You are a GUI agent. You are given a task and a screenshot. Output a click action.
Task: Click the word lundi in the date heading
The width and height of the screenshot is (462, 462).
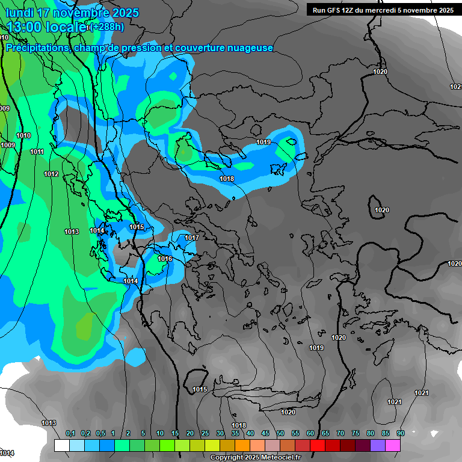pos(22,13)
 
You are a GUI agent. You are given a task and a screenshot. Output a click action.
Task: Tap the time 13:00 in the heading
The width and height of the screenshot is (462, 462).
pos(26,26)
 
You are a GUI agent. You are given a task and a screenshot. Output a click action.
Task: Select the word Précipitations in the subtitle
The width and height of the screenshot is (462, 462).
pos(37,48)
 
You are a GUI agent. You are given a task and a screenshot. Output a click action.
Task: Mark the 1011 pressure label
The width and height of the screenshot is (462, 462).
pos(37,152)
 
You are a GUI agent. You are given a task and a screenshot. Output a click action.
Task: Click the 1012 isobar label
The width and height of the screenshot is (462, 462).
pos(51,174)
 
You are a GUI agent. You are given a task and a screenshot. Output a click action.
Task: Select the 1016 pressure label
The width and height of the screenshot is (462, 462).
pos(165,259)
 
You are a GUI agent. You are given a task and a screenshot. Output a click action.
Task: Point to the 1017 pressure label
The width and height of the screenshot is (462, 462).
pos(191,238)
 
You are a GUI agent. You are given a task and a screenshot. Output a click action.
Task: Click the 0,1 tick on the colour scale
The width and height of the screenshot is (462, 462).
pos(70,434)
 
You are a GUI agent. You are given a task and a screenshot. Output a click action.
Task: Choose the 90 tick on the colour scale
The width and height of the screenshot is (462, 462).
pos(400,434)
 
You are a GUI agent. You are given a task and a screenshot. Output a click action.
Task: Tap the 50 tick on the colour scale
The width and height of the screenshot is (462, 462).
pos(280,434)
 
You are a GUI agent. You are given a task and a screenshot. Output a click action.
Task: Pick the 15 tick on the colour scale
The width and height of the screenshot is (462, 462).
pos(175,434)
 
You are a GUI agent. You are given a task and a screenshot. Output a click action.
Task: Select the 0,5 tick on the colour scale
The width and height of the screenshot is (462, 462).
pos(100,434)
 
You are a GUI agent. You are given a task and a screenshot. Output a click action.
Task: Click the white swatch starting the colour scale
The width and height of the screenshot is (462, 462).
pos(61,445)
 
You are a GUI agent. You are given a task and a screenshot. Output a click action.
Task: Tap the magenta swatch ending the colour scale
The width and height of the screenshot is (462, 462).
pos(393,445)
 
